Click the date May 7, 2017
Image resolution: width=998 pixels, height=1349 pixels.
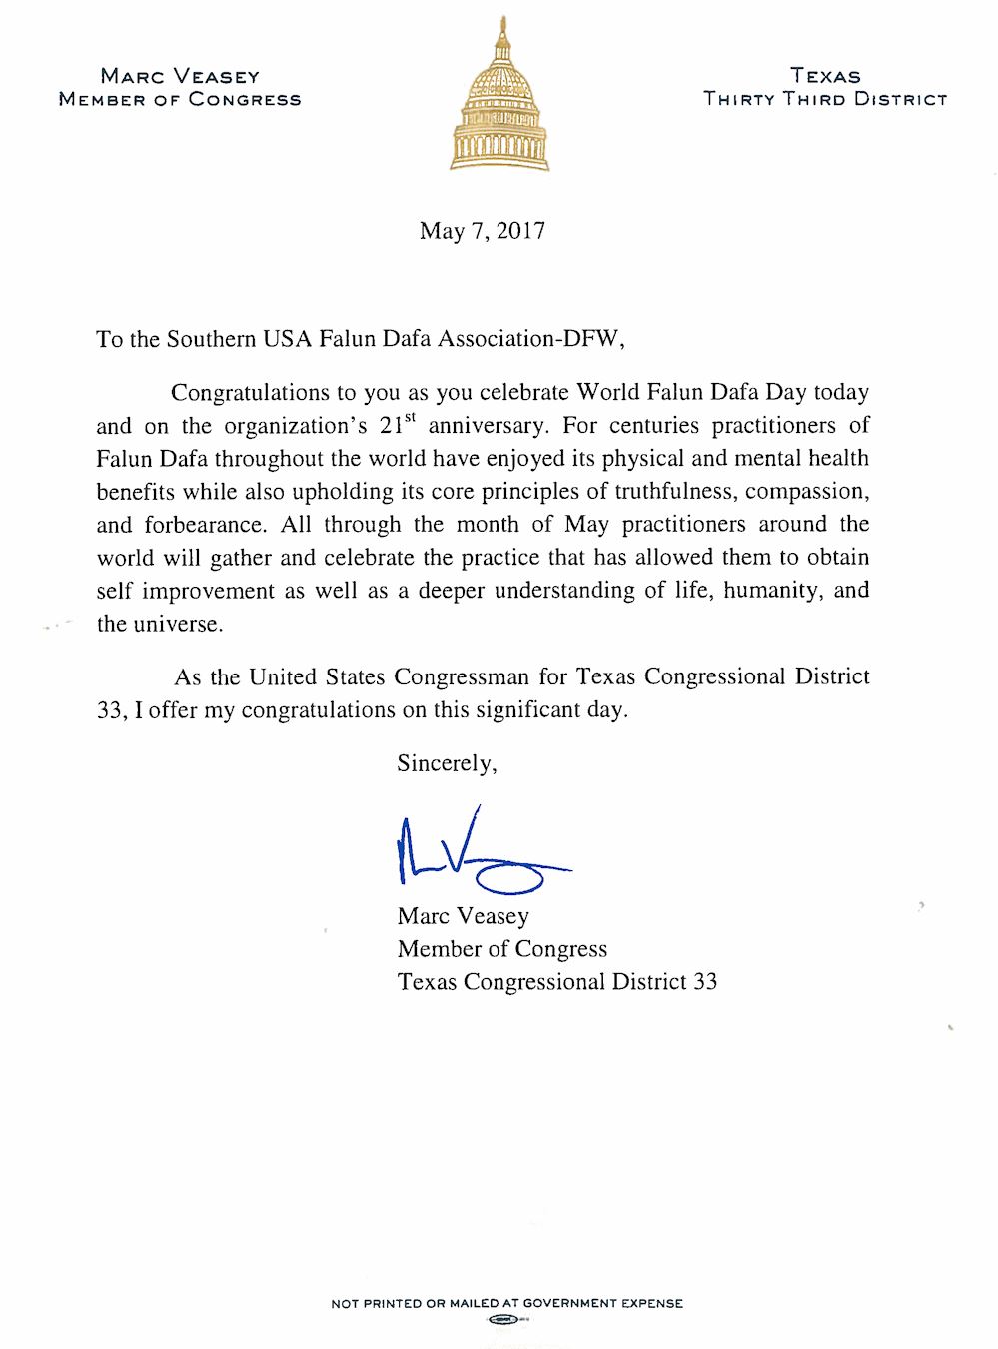pos(483,231)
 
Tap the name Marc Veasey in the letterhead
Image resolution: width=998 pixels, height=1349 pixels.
pos(180,76)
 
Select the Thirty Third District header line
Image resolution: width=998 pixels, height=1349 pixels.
pos(825,99)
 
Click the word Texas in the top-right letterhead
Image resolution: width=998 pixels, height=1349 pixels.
pos(825,76)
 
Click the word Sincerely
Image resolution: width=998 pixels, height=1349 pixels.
pos(446,763)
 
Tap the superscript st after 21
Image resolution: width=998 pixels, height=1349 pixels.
pos(410,417)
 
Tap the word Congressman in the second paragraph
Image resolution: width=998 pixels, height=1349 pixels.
pos(462,677)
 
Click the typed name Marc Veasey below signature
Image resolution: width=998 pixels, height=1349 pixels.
pos(463,916)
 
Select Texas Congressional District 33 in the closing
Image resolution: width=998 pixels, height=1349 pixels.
pos(556,982)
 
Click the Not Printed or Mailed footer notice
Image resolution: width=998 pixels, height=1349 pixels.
pos(506,1303)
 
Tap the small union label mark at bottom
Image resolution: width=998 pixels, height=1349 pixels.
pos(506,1320)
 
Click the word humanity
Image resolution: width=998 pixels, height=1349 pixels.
pos(769,591)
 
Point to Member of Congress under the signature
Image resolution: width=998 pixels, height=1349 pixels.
pos(501,949)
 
